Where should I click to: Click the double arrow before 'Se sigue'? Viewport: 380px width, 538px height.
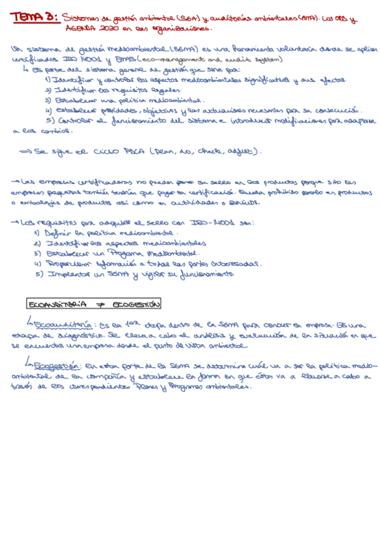tap(26, 153)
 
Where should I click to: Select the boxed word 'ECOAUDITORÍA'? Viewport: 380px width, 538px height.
tap(58, 303)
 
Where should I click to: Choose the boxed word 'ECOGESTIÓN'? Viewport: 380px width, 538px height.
tap(136, 303)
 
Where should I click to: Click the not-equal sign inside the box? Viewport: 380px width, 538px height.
tap(100, 304)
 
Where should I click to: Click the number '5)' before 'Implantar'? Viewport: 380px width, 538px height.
tap(39, 274)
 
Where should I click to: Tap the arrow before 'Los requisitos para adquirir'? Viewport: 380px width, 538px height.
tap(16, 223)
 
